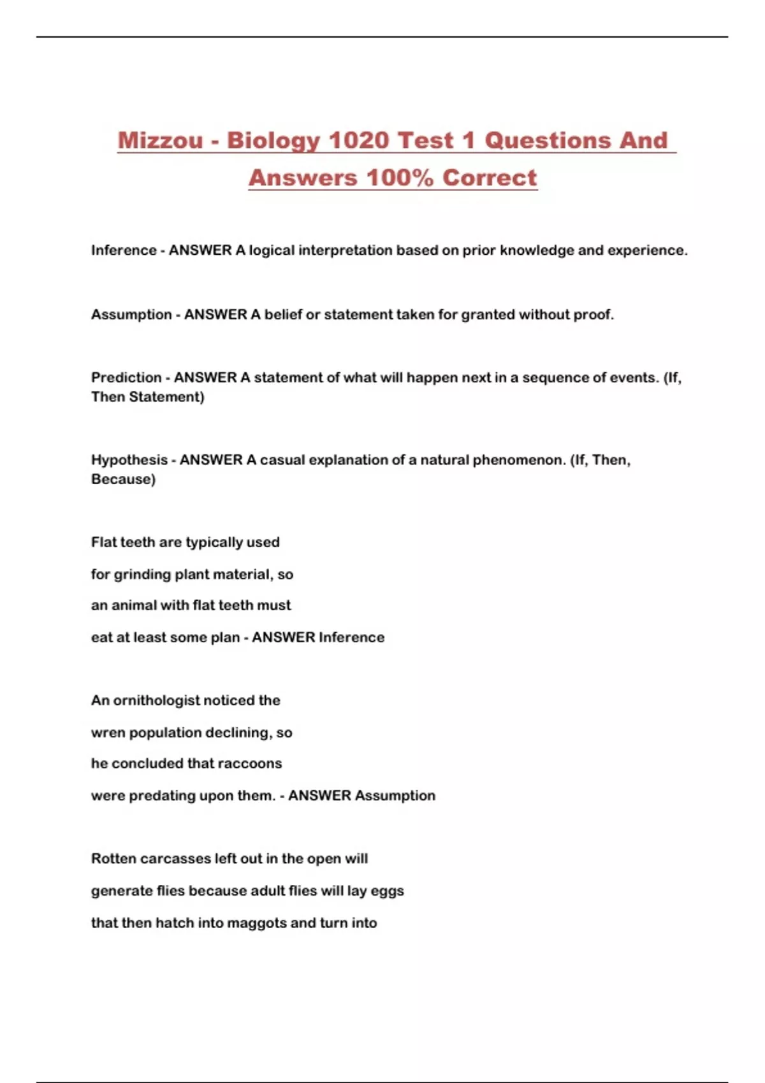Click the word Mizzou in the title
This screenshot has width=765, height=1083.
(x=160, y=140)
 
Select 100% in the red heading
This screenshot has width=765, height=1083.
(x=400, y=177)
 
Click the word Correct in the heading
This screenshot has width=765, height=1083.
(x=490, y=177)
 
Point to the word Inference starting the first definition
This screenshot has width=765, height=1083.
(x=124, y=250)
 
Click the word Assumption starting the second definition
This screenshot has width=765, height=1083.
(x=131, y=315)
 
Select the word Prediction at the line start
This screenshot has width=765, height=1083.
(x=126, y=378)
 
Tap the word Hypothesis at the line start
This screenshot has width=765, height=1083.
(x=129, y=460)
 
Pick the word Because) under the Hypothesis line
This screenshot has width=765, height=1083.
(x=123, y=479)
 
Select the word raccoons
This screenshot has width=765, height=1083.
(x=250, y=764)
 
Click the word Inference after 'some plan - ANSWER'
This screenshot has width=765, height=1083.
(x=351, y=638)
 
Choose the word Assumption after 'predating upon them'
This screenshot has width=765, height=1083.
(x=395, y=796)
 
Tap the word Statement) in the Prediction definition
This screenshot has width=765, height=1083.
(x=166, y=397)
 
